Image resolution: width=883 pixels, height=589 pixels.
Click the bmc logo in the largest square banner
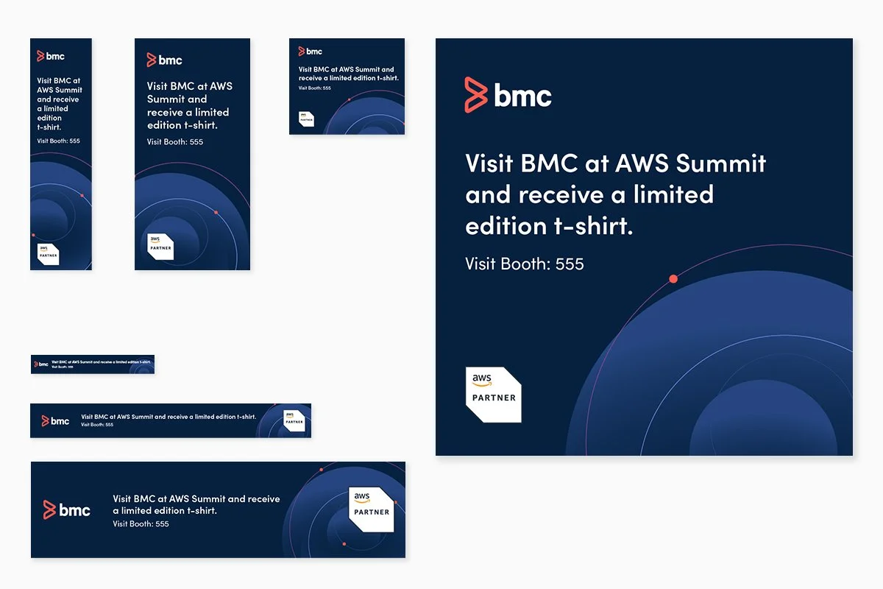click(508, 95)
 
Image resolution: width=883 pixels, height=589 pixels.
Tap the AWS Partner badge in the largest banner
click(493, 395)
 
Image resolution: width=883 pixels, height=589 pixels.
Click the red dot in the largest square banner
click(673, 279)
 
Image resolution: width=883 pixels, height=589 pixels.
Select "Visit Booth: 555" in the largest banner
click(525, 264)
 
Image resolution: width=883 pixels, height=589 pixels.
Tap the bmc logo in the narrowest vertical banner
click(51, 56)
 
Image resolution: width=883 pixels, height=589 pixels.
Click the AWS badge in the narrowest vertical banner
click(48, 254)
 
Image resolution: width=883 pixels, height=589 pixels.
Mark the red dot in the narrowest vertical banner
click(82, 196)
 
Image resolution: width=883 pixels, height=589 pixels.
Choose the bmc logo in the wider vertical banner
click(165, 60)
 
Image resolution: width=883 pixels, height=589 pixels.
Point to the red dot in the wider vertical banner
click(216, 213)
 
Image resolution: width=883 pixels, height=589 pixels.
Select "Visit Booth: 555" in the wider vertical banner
click(175, 142)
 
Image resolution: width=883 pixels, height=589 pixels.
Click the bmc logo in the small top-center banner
click(311, 52)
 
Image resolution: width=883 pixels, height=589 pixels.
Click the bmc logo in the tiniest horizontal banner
click(40, 364)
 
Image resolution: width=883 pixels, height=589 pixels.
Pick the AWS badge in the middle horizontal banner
click(294, 420)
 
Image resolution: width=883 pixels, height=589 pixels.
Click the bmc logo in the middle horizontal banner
click(55, 421)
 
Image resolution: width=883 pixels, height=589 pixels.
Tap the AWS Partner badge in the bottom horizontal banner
click(371, 509)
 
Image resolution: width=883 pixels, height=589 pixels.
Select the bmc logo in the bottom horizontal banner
click(67, 509)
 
